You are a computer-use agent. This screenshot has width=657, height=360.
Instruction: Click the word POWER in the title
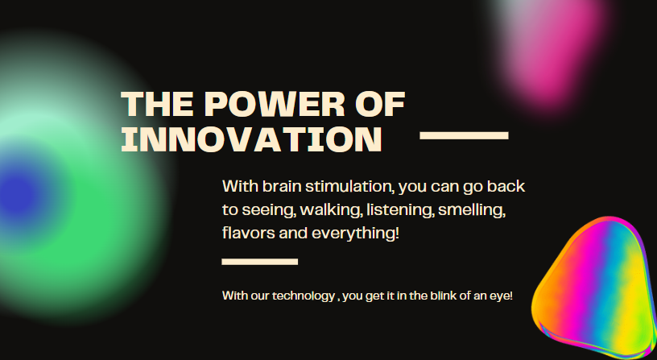click(x=275, y=104)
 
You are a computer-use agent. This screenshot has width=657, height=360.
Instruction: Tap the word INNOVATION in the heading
click(x=252, y=139)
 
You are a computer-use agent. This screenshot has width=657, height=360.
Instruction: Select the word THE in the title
click(x=157, y=104)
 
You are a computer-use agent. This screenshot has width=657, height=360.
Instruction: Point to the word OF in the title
click(x=380, y=104)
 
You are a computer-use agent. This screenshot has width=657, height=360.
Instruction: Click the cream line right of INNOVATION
click(x=464, y=135)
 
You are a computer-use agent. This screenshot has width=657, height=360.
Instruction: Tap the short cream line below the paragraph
click(x=260, y=262)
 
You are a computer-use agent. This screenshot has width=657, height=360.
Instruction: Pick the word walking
click(x=331, y=209)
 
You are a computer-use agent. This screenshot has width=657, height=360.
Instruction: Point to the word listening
click(x=400, y=209)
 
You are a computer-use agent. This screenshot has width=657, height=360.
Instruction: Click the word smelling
click(x=471, y=209)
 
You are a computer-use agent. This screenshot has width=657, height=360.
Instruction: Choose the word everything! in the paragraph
click(x=355, y=234)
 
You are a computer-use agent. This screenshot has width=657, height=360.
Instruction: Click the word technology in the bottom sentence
click(x=304, y=296)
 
